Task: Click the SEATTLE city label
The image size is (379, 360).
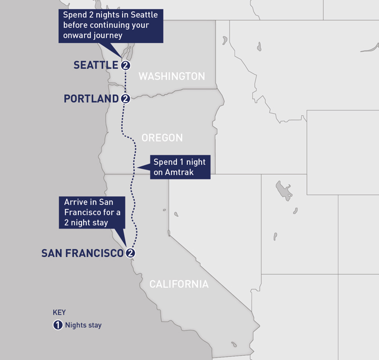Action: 96,65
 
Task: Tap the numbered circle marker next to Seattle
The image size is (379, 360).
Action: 125,65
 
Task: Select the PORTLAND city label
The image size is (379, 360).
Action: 91,98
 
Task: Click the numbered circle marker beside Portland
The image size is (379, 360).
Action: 125,98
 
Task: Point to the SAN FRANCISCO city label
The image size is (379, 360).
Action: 83,253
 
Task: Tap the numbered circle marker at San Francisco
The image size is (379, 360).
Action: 131,253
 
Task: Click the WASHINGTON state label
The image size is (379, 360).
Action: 172,76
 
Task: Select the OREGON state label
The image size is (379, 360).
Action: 162,138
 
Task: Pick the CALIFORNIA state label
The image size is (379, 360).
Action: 179,284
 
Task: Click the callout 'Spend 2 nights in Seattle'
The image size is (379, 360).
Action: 111,25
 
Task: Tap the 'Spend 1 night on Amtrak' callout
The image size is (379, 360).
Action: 179,167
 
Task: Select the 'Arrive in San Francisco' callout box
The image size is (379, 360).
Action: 91,212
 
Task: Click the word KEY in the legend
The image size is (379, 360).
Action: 59,312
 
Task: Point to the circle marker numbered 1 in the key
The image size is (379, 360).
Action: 58,325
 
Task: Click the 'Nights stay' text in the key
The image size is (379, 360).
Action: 83,325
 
